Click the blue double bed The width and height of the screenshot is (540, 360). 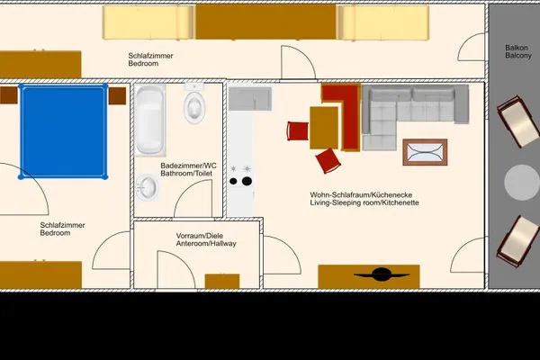click(x=63, y=131)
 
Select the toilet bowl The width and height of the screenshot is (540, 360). click(x=194, y=107)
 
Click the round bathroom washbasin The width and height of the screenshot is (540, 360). click(x=148, y=187)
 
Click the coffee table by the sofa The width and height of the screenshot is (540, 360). click(x=425, y=153)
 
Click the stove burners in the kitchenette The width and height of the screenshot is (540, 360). click(x=240, y=175)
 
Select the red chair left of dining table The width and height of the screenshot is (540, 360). click(x=298, y=131)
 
